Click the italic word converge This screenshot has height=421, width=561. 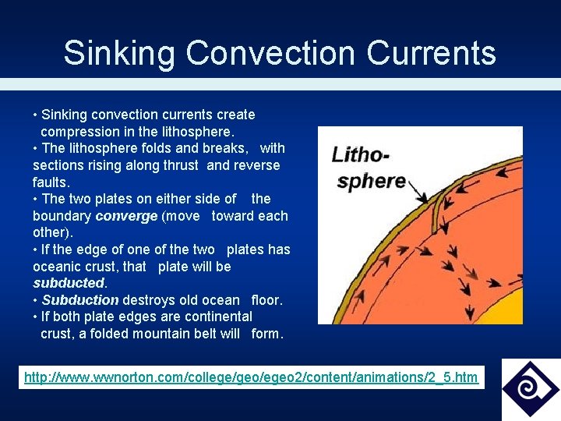126,216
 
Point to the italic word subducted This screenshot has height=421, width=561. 69,283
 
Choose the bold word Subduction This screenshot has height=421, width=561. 80,300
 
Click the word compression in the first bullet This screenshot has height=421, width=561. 79,132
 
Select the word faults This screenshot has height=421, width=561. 51,182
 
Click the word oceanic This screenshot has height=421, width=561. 59,267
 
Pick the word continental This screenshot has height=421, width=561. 215,317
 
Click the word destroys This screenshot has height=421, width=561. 152,300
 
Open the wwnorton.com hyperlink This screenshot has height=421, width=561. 251,377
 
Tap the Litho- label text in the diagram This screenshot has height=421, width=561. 360,154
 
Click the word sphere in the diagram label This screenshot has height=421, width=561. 370,181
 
